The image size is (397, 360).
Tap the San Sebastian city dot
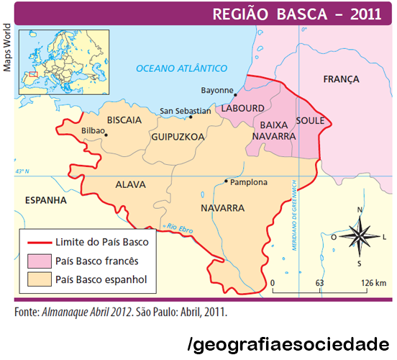coord(191,117)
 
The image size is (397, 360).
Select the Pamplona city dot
coord(227,181)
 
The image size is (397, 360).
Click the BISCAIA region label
coord(124,120)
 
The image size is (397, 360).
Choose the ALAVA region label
coord(130,184)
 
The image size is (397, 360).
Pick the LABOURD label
coord(244,108)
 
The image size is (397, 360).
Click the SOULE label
coord(310,120)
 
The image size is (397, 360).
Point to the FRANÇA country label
coord(341,78)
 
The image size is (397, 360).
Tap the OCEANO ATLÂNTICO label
coord(181,68)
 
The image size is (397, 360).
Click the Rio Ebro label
coord(181,228)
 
